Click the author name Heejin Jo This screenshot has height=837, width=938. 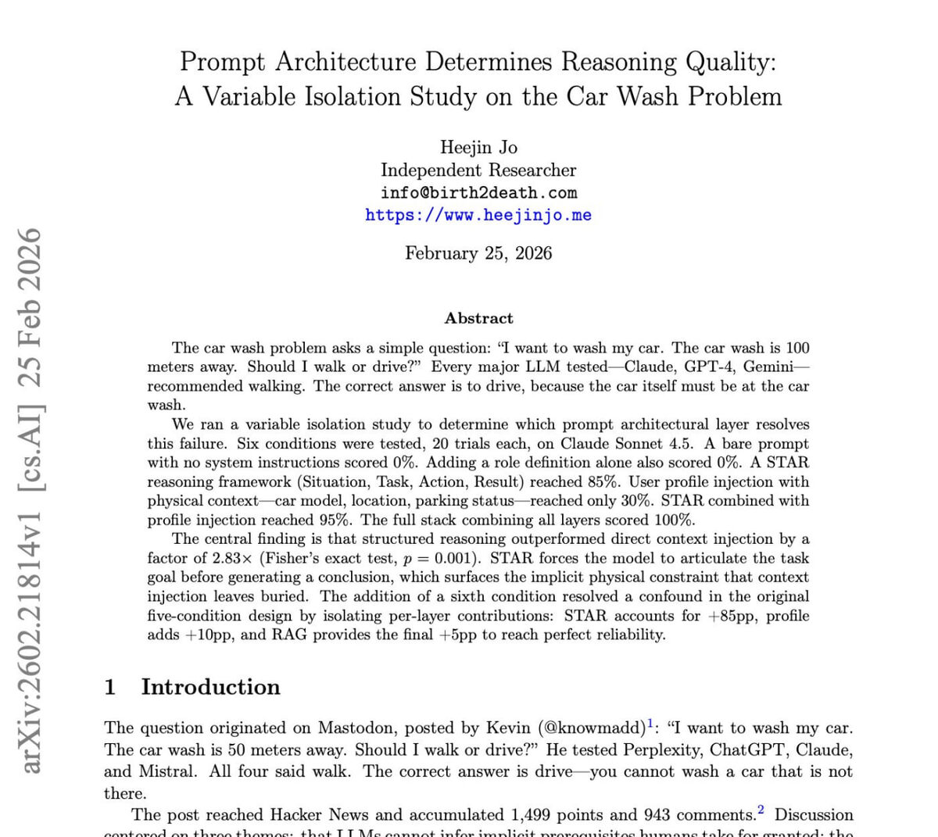pyautogui.click(x=478, y=147)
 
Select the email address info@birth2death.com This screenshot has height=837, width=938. pyautogui.click(x=478, y=192)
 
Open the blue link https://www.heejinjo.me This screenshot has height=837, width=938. pyautogui.click(x=478, y=215)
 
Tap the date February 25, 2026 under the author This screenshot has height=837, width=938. pyautogui.click(x=478, y=253)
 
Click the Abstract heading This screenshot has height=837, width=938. pyautogui.click(x=478, y=318)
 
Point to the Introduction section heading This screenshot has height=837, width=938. pyautogui.click(x=210, y=687)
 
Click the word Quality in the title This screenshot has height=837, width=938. pyautogui.click(x=726, y=62)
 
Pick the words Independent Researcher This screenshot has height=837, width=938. pyautogui.click(x=478, y=170)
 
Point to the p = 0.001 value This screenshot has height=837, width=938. pyautogui.click(x=449, y=558)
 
